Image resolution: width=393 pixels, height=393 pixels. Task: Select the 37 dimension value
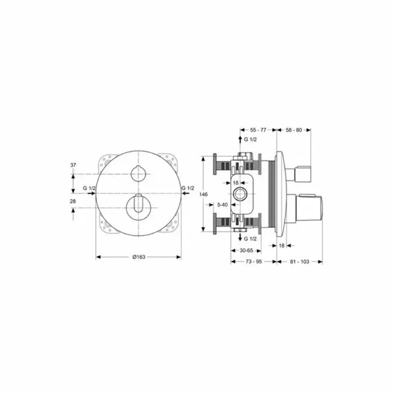(x=73, y=166)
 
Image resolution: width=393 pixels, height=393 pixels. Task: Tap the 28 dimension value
(x=73, y=202)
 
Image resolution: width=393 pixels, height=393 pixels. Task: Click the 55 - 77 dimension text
(x=258, y=130)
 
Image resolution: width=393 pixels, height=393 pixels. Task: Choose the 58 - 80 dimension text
(x=295, y=130)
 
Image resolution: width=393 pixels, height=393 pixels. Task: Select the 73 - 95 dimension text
(x=253, y=262)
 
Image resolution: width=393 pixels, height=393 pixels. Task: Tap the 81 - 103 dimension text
(x=299, y=262)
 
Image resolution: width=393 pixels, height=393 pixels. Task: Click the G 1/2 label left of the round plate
(x=89, y=188)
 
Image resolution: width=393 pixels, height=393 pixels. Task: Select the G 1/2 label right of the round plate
(x=188, y=188)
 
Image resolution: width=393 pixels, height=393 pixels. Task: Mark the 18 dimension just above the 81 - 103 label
(x=282, y=245)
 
